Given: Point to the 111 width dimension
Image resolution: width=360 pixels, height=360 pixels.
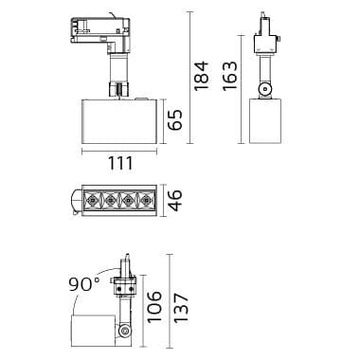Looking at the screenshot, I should pos(118,164).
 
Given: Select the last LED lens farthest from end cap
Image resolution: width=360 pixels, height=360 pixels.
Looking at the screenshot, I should pos(144,201).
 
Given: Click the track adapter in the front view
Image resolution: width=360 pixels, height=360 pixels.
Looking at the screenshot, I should pos(99,31).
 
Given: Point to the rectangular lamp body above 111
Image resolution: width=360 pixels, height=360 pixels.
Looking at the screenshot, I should pos(117,120).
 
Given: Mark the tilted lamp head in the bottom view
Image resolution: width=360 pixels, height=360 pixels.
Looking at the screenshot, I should pos(95,330).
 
